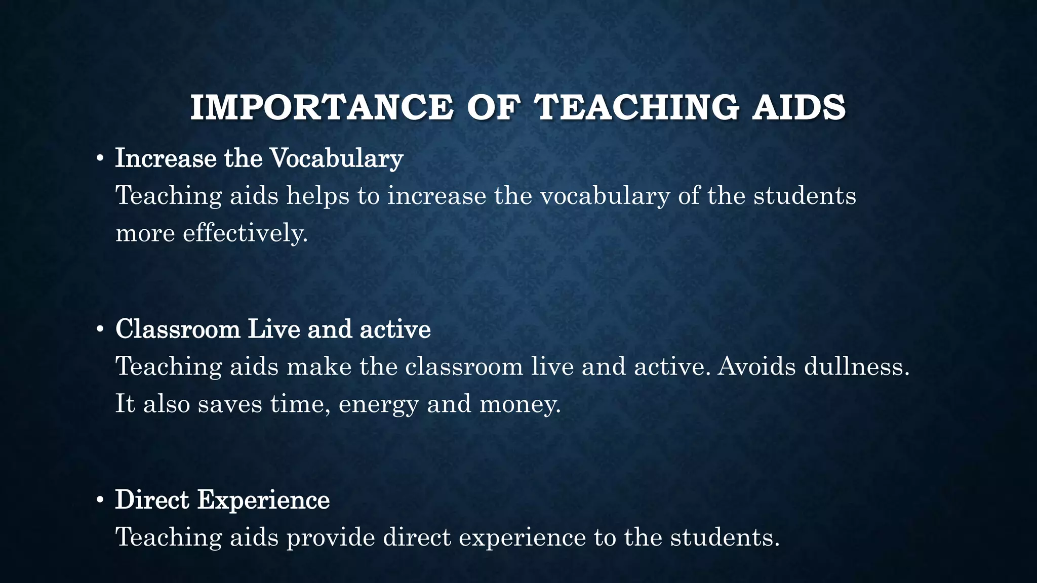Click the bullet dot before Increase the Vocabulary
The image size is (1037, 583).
coord(100,159)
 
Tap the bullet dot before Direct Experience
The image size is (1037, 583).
coord(100,501)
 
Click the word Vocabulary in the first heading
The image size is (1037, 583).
coord(337,158)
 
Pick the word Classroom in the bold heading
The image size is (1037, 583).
coord(178,329)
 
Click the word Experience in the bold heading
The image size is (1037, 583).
coord(263,500)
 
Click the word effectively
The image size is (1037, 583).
coord(245,233)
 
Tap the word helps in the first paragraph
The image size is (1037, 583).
coord(317,196)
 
